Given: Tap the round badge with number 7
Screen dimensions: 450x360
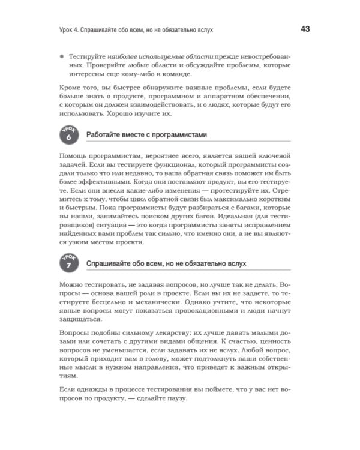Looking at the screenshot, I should (x=69, y=262).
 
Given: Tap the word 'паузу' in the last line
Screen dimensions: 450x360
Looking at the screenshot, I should (x=175, y=400).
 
